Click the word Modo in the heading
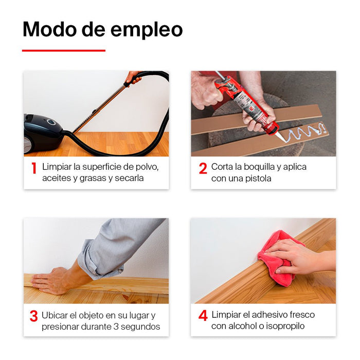49,29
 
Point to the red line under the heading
63,50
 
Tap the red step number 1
33,168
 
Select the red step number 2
203,168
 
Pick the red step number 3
33,316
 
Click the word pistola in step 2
257,178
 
